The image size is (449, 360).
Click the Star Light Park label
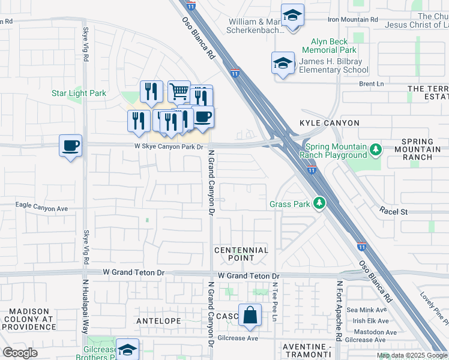click(79, 93)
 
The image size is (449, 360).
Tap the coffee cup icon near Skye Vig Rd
click(71, 145)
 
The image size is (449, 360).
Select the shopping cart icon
click(179, 92)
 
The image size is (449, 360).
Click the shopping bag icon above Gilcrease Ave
click(249, 315)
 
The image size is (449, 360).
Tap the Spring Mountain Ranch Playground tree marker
click(376, 149)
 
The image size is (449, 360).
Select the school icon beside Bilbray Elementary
click(283, 63)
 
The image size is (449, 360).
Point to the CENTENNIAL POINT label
click(241, 254)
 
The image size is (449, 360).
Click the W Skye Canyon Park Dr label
click(169, 146)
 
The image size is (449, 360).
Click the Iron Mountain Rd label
click(353, 19)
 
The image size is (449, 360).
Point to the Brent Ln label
click(371, 85)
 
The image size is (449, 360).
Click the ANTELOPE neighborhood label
click(158, 321)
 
